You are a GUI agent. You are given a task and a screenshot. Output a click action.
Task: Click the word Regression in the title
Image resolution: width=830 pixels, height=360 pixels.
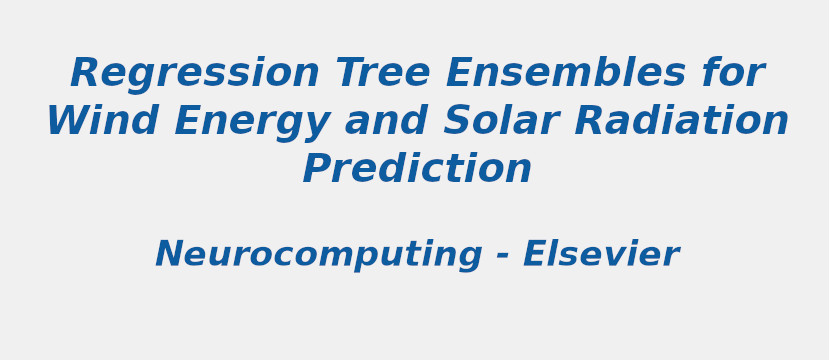pos(194,75)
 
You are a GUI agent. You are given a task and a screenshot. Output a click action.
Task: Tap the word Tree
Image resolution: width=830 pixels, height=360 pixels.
pos(382,75)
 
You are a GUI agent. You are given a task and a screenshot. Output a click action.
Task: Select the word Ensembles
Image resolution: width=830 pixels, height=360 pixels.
pos(565,75)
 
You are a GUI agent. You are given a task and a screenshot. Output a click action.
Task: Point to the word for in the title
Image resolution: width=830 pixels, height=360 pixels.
pos(733,75)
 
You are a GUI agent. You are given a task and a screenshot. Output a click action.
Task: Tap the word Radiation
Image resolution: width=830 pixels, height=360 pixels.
pos(681,122)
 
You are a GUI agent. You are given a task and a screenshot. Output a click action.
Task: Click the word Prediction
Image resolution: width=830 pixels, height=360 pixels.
pos(417,170)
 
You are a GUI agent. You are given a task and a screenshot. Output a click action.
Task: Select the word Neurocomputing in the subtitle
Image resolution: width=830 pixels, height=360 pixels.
pos(317,256)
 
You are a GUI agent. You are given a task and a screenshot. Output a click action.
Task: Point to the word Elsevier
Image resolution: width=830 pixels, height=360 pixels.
pos(600,255)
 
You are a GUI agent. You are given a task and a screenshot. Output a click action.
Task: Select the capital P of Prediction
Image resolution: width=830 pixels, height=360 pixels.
pos(318,170)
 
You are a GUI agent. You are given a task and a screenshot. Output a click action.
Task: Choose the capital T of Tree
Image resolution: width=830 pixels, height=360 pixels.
pos(349,75)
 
